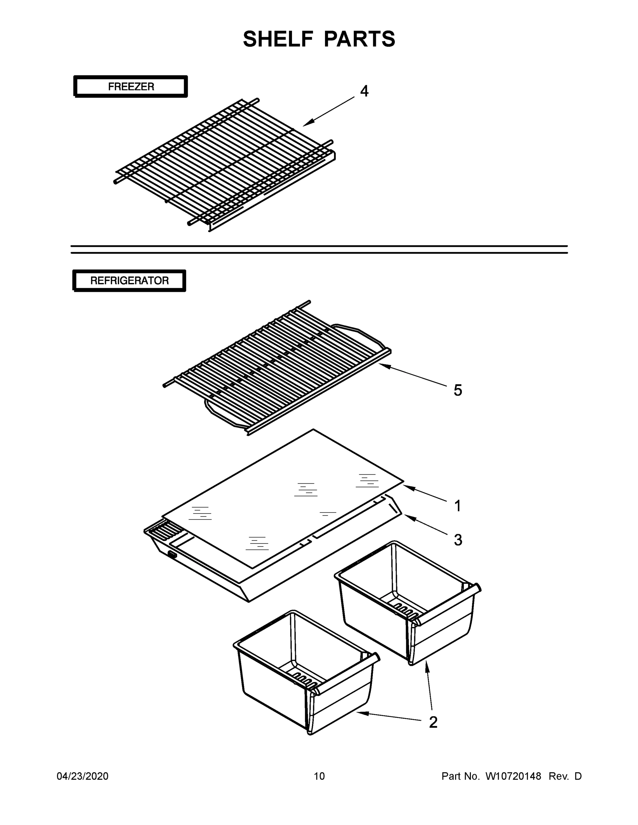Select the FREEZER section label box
(x=131, y=87)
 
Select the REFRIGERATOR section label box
(x=129, y=280)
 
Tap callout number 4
(x=364, y=91)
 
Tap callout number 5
(x=458, y=390)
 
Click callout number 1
(x=458, y=506)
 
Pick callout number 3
(x=458, y=540)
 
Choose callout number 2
(x=433, y=722)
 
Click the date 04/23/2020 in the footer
(x=83, y=776)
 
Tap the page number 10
(x=319, y=776)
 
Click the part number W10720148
(x=513, y=776)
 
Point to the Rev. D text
(x=565, y=776)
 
